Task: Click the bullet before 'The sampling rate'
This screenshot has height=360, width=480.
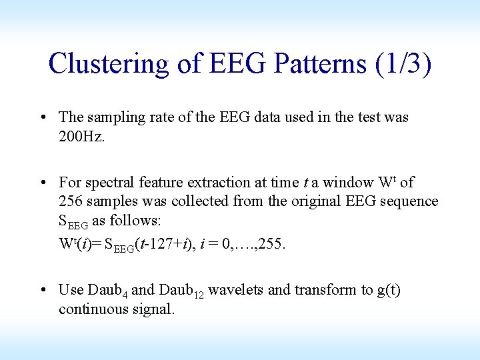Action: (x=43, y=118)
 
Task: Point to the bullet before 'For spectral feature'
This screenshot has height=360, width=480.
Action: (x=43, y=183)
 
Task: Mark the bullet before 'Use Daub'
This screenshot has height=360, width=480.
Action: (x=43, y=291)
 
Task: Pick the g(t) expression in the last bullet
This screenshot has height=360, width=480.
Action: (x=388, y=291)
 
